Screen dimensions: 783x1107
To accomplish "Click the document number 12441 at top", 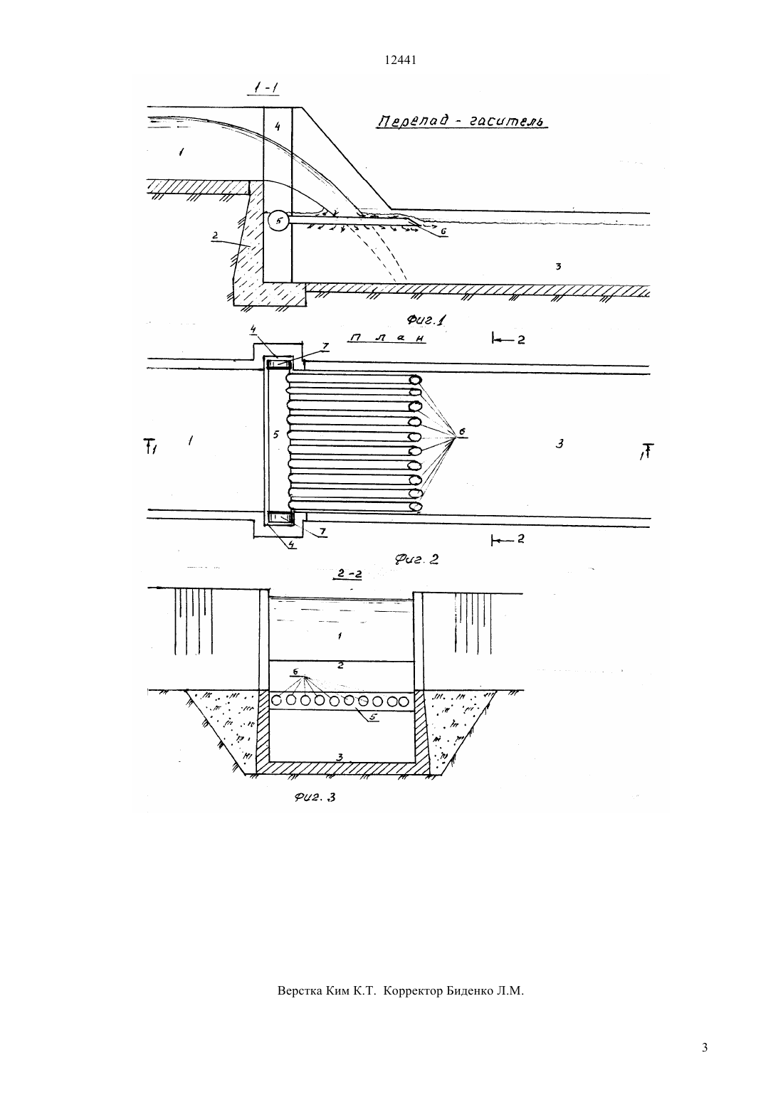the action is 400,60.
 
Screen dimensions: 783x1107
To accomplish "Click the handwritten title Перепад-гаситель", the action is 462,121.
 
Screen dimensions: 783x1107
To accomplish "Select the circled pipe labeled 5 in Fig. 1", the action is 278,221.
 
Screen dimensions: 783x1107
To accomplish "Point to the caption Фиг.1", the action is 426,320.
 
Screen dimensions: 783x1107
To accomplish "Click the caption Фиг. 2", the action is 416,559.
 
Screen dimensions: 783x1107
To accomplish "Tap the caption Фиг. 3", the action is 315,797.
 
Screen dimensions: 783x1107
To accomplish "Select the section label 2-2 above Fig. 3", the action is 349,574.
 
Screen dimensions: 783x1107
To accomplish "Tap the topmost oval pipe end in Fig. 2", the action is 415,379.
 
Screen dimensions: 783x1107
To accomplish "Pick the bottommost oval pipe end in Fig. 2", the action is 416,507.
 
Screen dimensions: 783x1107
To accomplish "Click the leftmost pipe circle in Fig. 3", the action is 277,701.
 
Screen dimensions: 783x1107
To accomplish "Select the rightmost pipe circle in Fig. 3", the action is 405,701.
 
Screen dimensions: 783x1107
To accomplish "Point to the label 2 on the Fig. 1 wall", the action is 214,235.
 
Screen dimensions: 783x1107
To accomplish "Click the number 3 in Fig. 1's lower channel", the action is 558,266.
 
